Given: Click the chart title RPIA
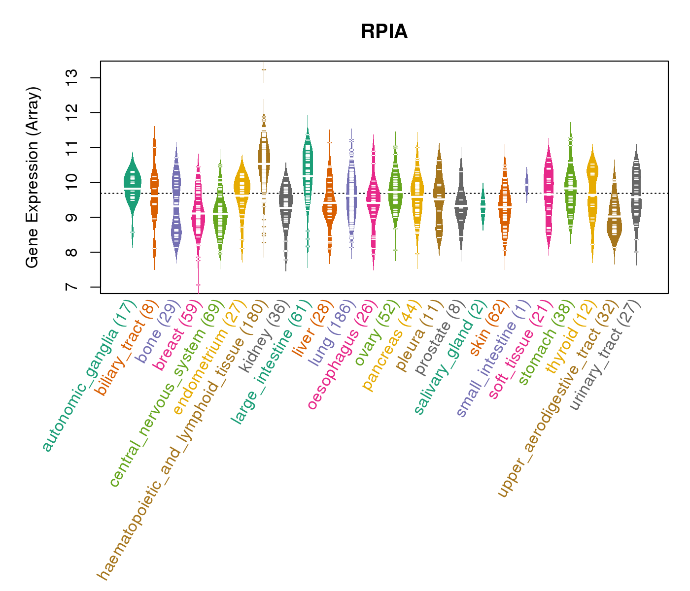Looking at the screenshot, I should coord(384,32).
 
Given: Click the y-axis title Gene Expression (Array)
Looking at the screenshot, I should coord(33,177).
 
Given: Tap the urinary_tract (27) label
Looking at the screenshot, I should coord(606,356).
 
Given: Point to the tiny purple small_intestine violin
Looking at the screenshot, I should coord(526,185).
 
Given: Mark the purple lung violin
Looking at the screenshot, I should coord(351,192).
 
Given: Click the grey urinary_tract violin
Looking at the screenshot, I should coord(636,197).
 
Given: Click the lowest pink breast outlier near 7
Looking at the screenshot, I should coord(198,285).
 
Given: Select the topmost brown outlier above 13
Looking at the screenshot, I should coord(264,69).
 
